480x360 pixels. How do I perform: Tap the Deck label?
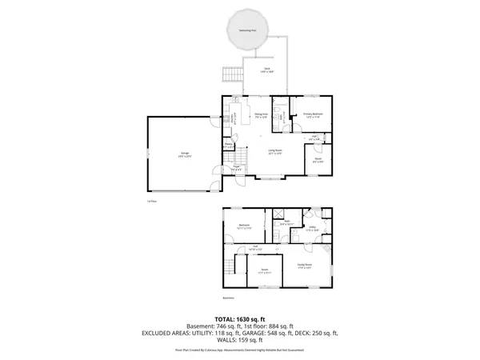pyautogui.click(x=268, y=70)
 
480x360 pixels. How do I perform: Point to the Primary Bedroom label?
pyautogui.click(x=313, y=114)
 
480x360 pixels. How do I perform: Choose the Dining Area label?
pyautogui.click(x=261, y=114)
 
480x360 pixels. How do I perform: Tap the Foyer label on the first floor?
pyautogui.click(x=237, y=168)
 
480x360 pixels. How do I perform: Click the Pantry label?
pyautogui.click(x=229, y=146)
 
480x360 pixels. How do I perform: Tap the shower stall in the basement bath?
pyautogui.click(x=279, y=214)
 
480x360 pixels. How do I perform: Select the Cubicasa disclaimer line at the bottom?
pyautogui.click(x=239, y=350)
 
